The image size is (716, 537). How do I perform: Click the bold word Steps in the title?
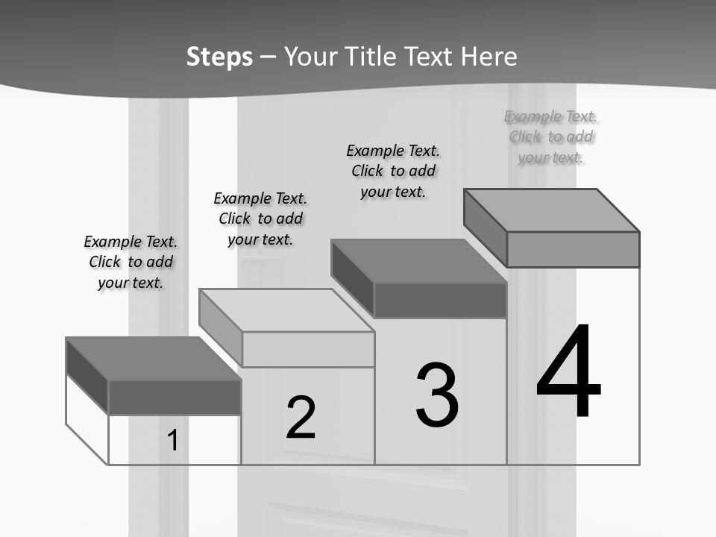[x=219, y=57]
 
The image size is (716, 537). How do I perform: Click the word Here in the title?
[x=489, y=57]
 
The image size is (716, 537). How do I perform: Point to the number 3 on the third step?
[x=437, y=395]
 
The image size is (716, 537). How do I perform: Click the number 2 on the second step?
[x=301, y=417]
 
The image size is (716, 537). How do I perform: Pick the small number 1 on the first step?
[x=172, y=440]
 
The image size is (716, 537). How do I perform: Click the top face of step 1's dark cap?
[x=154, y=359]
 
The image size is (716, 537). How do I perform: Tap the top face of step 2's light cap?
[x=286, y=310]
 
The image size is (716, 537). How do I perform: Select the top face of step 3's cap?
[x=419, y=261]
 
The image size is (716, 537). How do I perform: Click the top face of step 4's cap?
[x=552, y=210]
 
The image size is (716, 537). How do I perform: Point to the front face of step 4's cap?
[x=573, y=249]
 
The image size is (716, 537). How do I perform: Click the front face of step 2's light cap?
[x=308, y=349]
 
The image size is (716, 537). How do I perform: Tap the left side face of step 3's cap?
[x=353, y=278]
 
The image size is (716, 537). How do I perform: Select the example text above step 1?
[x=131, y=262]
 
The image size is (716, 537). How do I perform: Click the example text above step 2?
[x=260, y=219]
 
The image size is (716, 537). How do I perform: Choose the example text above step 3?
[x=393, y=172]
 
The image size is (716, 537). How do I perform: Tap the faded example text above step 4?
[x=550, y=137]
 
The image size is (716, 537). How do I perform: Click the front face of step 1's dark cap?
[x=175, y=398]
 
